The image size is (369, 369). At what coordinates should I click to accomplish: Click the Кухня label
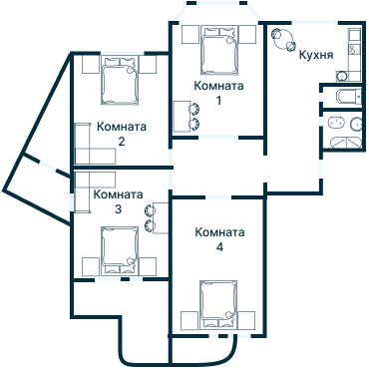pos(316,55)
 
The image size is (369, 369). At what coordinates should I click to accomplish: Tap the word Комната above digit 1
pos(218,86)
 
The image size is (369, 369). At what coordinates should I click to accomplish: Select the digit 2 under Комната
pos(121,142)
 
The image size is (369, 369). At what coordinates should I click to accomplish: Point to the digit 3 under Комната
pos(118,209)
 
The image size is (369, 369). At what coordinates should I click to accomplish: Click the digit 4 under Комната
pos(219,246)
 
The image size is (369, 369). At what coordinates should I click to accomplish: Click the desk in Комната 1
pos(181,118)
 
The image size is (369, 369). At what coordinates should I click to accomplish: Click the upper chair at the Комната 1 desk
pos(194,110)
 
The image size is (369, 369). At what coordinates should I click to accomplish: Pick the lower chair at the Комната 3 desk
pos(150,224)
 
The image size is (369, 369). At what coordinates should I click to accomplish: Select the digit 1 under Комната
pos(218,100)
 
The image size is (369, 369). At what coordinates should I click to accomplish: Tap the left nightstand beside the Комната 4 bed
pos(185,318)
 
